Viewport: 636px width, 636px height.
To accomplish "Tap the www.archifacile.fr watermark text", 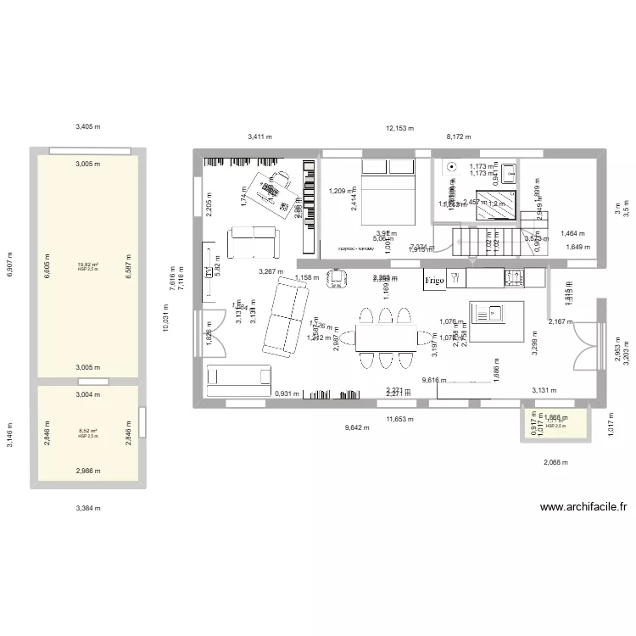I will (x=583, y=508).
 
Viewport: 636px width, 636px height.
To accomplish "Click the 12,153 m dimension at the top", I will (x=399, y=129).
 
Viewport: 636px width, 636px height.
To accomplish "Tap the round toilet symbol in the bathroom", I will (x=452, y=168).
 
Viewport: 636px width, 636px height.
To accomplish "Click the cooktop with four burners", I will (x=514, y=277).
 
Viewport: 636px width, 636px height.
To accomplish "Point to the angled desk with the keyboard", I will (x=276, y=191).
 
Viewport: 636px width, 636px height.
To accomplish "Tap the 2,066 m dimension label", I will (x=556, y=462).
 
